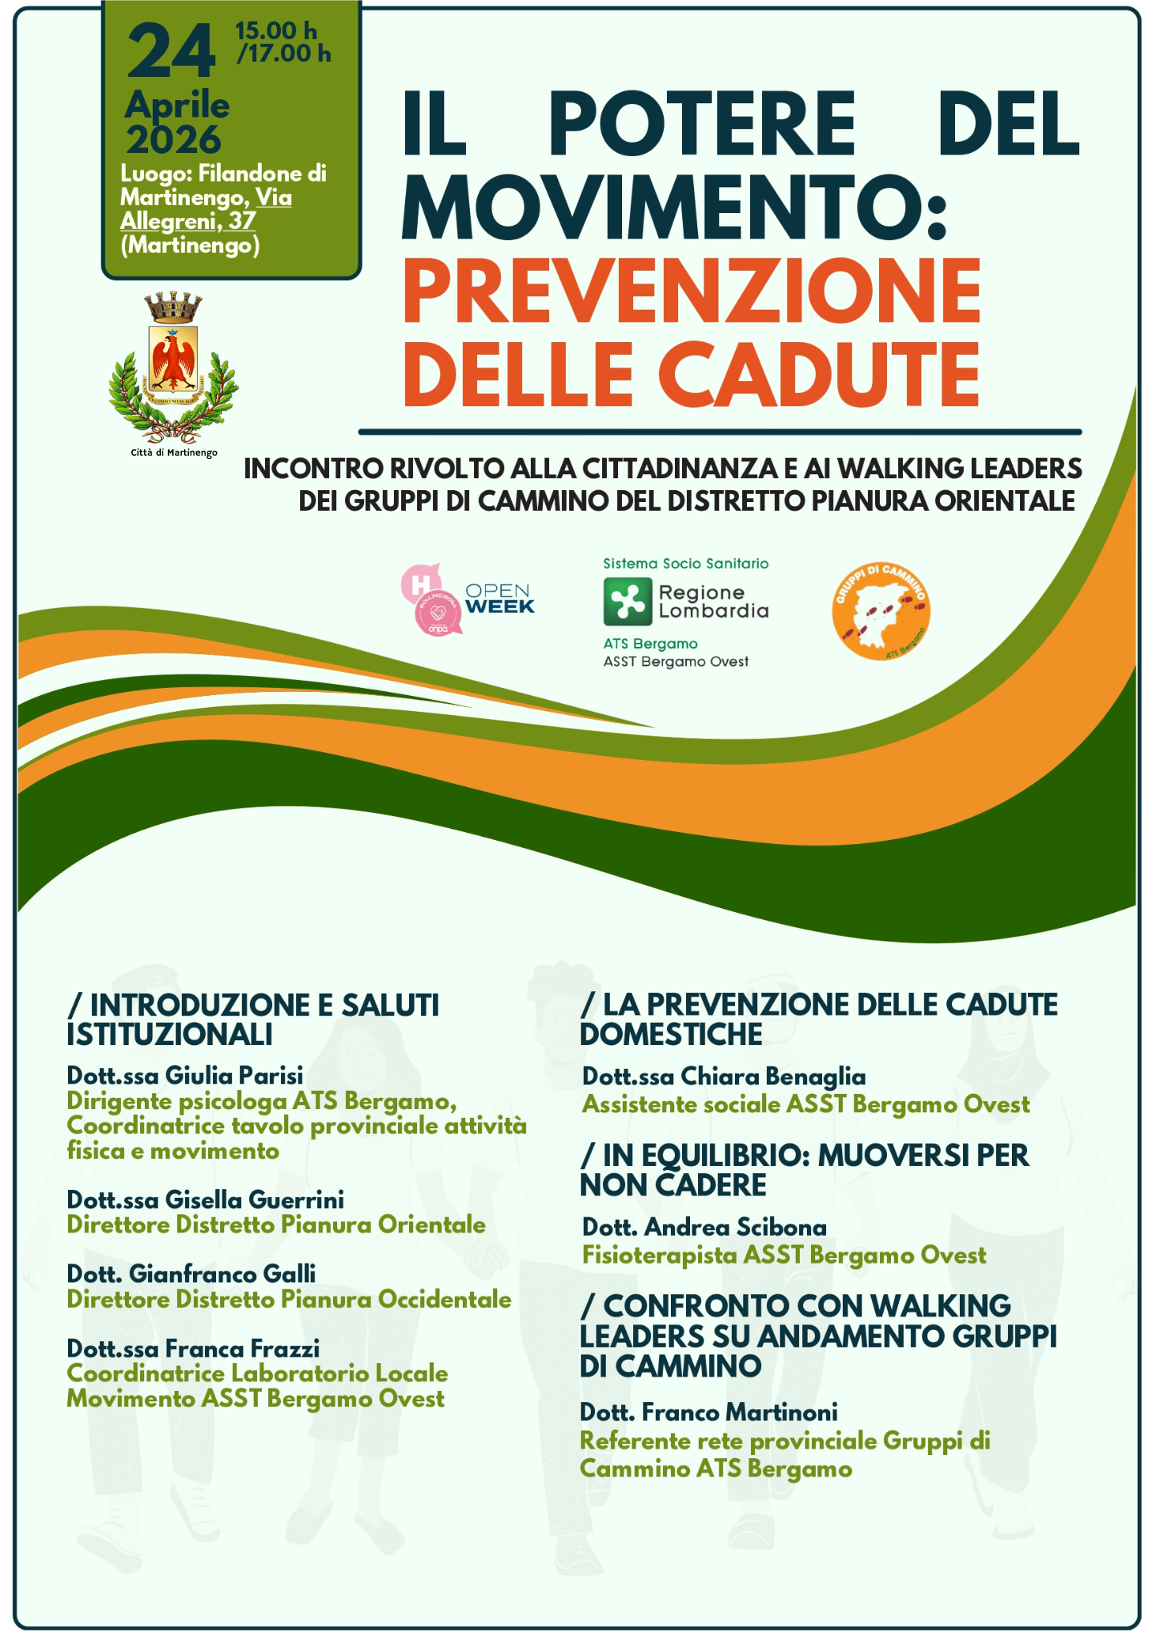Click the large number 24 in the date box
pyautogui.click(x=171, y=52)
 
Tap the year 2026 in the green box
pyautogui.click(x=173, y=140)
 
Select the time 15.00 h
pyautogui.click(x=275, y=30)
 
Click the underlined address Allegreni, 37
pyautogui.click(x=187, y=221)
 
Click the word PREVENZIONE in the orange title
pyautogui.click(x=692, y=289)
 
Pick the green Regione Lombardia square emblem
pyautogui.click(x=627, y=601)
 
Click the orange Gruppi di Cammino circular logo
pyautogui.click(x=881, y=612)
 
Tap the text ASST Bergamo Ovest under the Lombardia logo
pyautogui.click(x=676, y=661)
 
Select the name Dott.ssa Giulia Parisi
pyautogui.click(x=185, y=1075)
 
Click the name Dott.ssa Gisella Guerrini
pyautogui.click(x=206, y=1199)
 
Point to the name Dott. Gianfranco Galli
pyautogui.click(x=191, y=1273)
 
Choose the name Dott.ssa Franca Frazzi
pyautogui.click(x=193, y=1349)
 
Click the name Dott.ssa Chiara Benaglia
pyautogui.click(x=724, y=1076)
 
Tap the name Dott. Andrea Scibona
pyautogui.click(x=704, y=1227)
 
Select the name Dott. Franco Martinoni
pyautogui.click(x=708, y=1412)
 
